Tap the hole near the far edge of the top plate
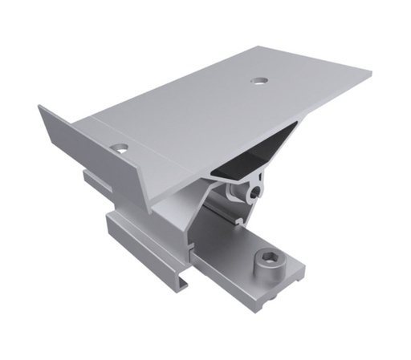(258, 80)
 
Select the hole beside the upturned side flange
(120, 148)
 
